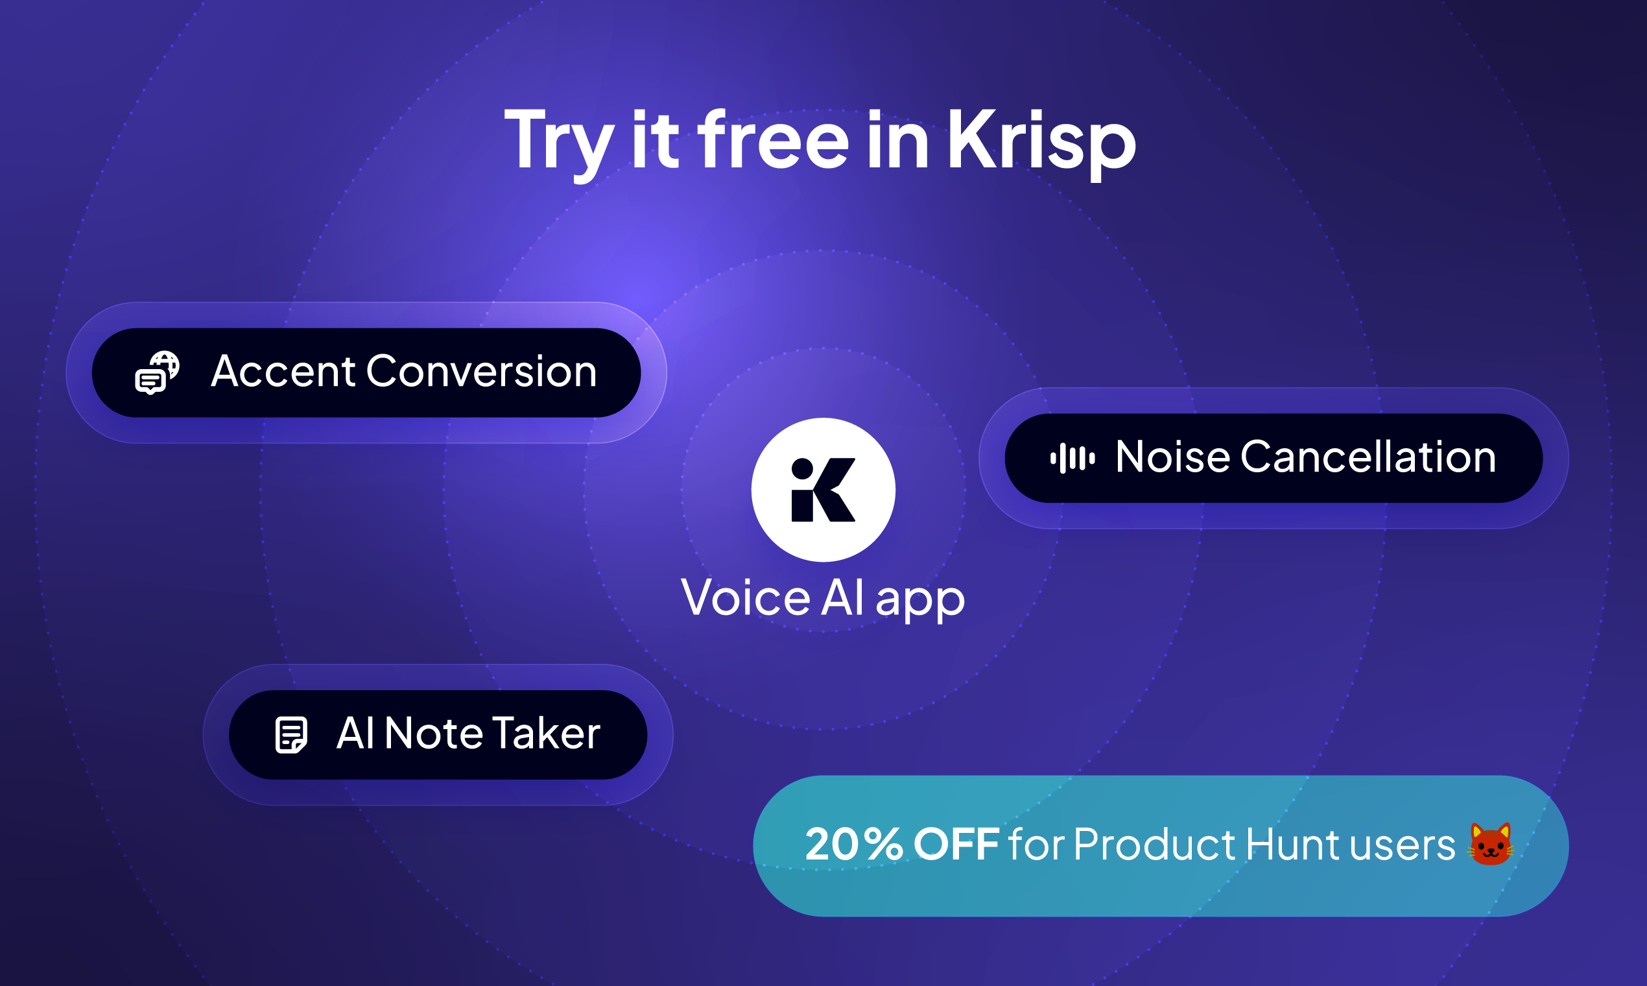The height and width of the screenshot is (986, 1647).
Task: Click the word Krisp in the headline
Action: pyautogui.click(x=1041, y=141)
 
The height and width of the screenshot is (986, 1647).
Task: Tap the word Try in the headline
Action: pyautogui.click(x=558, y=141)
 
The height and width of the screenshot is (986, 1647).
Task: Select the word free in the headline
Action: pyautogui.click(x=772, y=141)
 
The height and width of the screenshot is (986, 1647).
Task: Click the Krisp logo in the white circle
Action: pyautogui.click(x=823, y=490)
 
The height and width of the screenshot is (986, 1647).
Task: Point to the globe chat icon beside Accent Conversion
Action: pyautogui.click(x=158, y=373)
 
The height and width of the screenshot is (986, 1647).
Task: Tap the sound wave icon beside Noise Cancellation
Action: pyautogui.click(x=1072, y=458)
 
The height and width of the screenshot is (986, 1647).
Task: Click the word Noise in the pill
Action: pyautogui.click(x=1172, y=457)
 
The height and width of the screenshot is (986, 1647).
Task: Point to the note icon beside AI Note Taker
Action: pyautogui.click(x=291, y=735)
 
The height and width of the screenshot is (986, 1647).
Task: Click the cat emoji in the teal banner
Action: pyautogui.click(x=1490, y=845)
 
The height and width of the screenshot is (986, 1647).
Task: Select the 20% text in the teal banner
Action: pyautogui.click(x=854, y=845)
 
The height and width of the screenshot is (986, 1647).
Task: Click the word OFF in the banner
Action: pyautogui.click(x=956, y=845)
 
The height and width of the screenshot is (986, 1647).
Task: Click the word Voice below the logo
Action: pyautogui.click(x=746, y=598)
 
